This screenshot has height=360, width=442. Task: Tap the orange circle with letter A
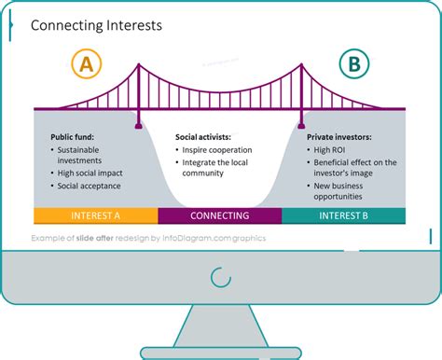coord(86,66)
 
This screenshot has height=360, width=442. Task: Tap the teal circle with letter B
coord(353,65)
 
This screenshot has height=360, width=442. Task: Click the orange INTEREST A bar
coord(96,215)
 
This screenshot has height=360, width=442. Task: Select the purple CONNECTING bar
coord(219,215)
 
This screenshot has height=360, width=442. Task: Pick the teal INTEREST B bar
coord(343,215)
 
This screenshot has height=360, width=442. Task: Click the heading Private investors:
coord(338,136)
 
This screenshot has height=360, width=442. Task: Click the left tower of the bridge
coord(138,93)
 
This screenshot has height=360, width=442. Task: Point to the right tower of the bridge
coord(300,93)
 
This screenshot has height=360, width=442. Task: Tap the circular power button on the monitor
coord(221,277)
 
